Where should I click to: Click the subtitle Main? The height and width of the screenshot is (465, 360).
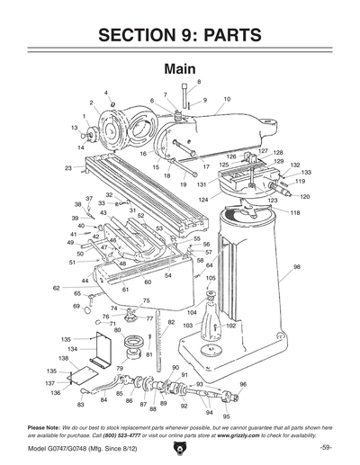180,68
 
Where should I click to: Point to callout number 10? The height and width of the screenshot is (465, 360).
227,99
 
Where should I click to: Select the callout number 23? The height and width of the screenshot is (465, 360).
68,168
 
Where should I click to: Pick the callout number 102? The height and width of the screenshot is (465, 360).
230,326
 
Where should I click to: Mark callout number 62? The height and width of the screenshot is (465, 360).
56,288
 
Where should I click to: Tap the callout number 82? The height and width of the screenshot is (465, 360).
171,321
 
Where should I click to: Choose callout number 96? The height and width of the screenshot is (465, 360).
243,384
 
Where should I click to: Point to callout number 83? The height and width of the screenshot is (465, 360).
85,400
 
